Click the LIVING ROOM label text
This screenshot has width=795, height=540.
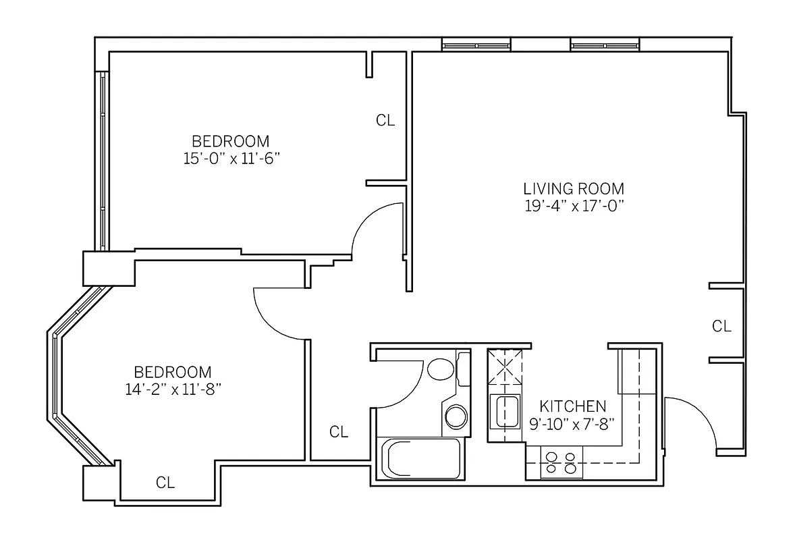coord(574,189)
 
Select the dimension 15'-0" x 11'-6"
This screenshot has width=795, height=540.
coord(230,159)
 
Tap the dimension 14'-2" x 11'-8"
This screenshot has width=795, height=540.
coord(172,389)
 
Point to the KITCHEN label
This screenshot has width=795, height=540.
coord(572,406)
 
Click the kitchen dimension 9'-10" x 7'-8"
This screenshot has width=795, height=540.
coord(572,425)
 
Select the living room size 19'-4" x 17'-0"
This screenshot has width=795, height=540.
coord(574,207)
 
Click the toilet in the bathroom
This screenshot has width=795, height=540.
coord(441,369)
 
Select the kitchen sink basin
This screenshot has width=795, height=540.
coord(506,412)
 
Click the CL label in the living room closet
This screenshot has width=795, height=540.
coord(721,327)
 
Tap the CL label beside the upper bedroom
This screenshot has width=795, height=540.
coord(385,121)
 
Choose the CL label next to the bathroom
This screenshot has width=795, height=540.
coord(339,432)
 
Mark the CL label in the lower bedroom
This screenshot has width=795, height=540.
coord(165,483)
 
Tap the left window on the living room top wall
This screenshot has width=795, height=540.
coord(476,45)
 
